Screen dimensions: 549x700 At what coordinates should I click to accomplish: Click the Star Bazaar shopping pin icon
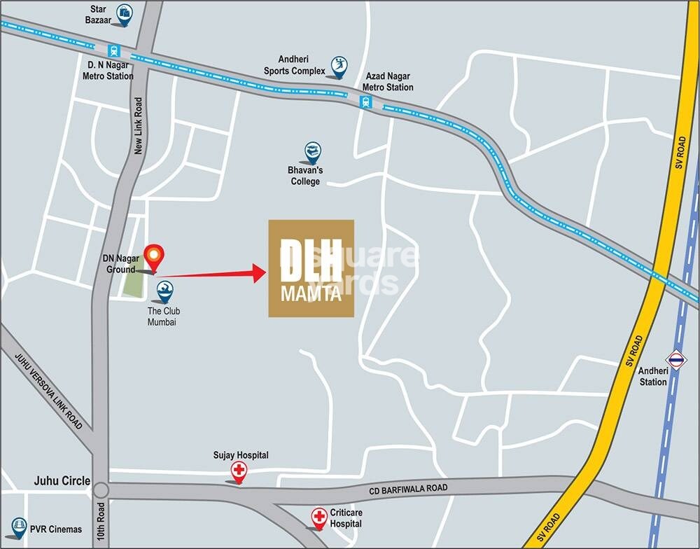tap(125, 13)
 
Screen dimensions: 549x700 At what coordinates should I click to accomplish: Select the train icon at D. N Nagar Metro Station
tap(113, 50)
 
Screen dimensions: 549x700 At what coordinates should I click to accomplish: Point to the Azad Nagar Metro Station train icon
tap(365, 102)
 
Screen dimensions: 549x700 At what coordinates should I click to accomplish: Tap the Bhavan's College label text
tap(305, 176)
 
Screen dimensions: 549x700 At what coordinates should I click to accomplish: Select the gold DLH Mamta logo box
tap(311, 268)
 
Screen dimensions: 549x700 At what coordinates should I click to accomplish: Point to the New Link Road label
tap(139, 126)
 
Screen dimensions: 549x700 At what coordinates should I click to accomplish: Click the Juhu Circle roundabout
tap(101, 489)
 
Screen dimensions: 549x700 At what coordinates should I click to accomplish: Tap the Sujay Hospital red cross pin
tap(239, 471)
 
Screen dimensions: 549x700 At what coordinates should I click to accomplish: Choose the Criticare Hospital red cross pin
tap(319, 517)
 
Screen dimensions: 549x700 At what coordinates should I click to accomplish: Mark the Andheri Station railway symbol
tap(675, 360)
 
